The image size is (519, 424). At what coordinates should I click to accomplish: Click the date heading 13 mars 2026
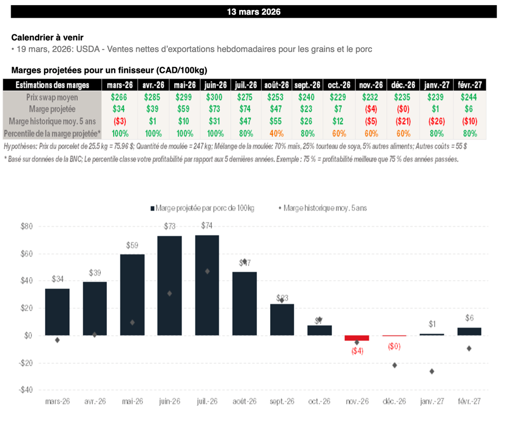tap(253, 12)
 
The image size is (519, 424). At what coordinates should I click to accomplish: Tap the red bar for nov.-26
tap(357, 337)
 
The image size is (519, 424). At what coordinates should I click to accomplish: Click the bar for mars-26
tap(57, 312)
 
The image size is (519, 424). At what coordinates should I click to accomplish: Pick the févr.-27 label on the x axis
tap(469, 401)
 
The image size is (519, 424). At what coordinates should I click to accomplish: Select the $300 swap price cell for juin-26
tap(215, 97)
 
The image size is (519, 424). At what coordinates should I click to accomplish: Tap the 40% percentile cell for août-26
tap(277, 134)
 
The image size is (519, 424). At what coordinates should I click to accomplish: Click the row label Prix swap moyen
tap(53, 97)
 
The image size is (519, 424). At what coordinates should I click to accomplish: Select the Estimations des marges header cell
tap(53, 85)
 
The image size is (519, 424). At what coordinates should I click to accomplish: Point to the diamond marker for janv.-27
tap(432, 371)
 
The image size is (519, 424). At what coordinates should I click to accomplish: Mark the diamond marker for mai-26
tap(132, 322)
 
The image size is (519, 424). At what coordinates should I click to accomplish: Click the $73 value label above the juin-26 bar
tap(169, 227)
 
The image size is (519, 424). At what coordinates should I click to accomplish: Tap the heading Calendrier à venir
tap(48, 37)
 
